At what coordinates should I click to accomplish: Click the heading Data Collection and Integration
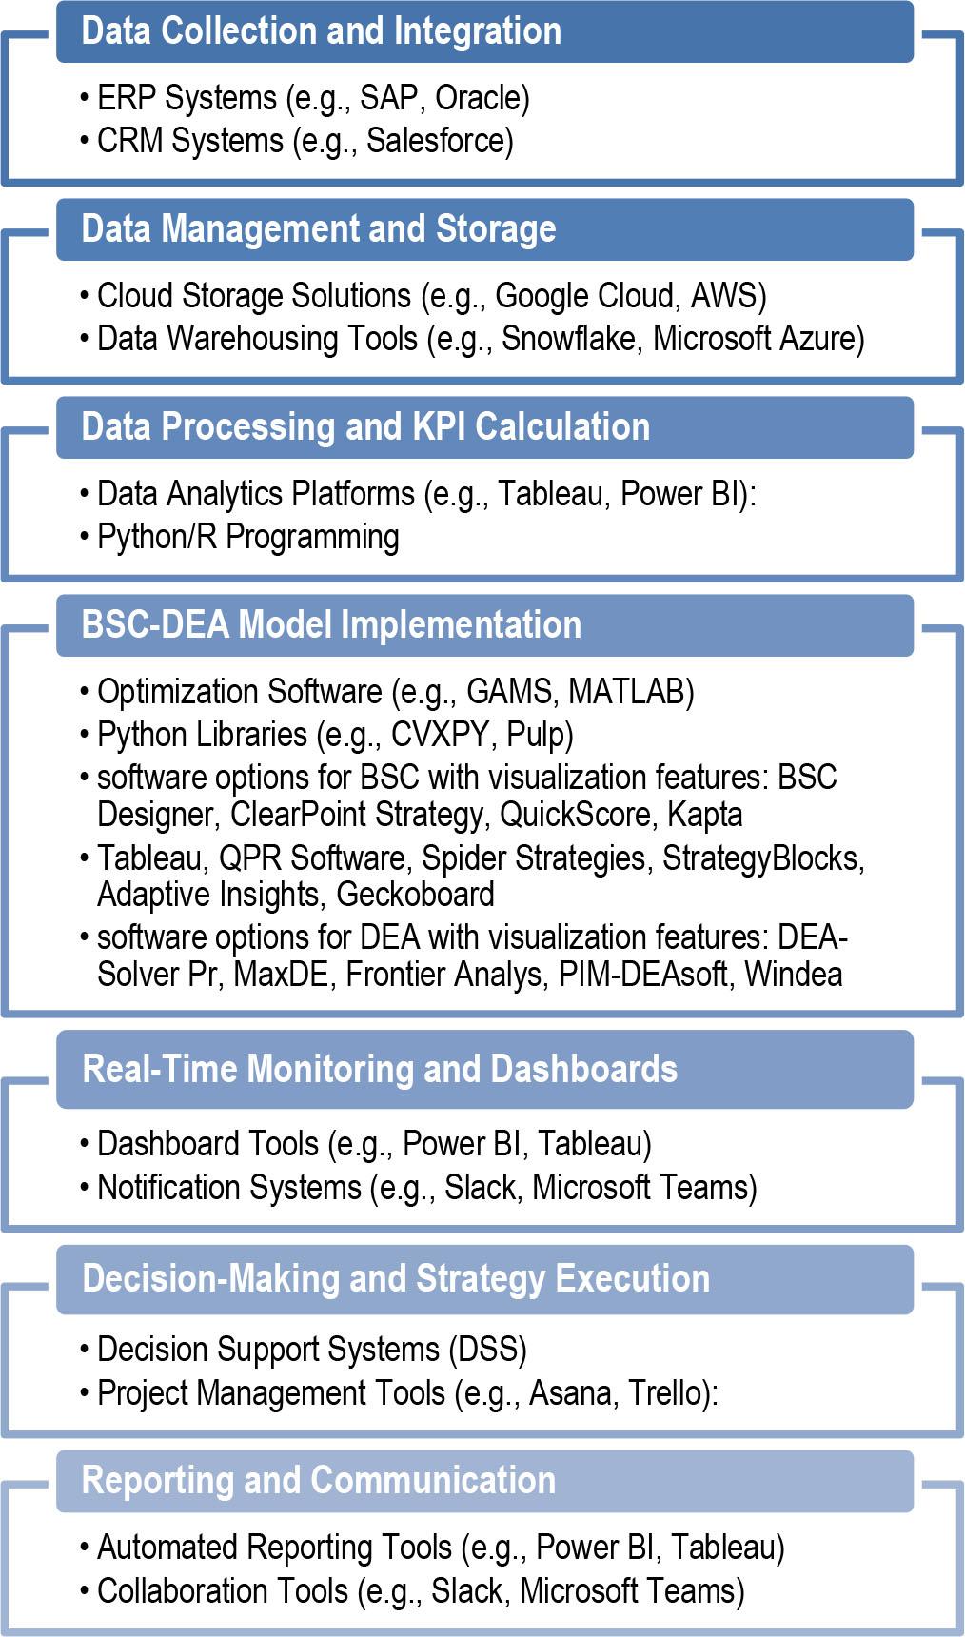tap(322, 31)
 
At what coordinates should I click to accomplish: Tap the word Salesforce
tap(438, 141)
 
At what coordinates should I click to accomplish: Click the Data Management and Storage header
tap(319, 229)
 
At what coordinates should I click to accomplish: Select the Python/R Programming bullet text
tap(248, 537)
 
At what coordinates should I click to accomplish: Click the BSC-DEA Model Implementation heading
tap(331, 625)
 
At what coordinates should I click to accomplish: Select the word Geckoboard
tap(415, 895)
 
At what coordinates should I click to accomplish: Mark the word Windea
tap(793, 975)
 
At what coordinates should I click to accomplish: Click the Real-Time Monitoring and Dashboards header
tap(380, 1069)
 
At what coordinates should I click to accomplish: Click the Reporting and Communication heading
tap(319, 1481)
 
